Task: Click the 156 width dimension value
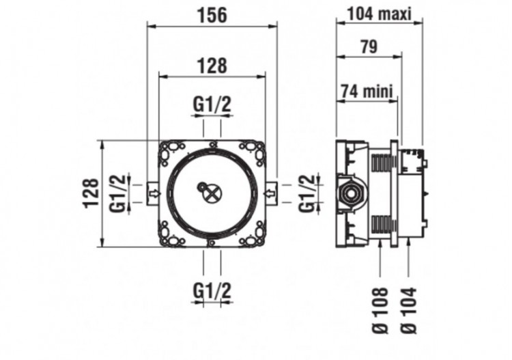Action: point(212,14)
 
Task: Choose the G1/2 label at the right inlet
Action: point(309,193)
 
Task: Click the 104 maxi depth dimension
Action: point(380,14)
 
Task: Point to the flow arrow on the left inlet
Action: point(154,194)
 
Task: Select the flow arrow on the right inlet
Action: point(270,194)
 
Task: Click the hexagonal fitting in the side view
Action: point(351,194)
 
